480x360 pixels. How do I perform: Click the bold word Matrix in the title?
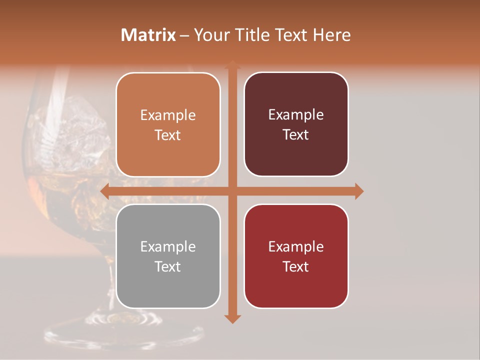point(148,35)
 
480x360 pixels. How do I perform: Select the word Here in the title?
point(331,35)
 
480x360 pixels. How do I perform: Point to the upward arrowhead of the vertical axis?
point(232,65)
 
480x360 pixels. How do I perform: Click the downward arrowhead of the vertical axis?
point(232,318)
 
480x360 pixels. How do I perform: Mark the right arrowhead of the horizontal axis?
point(358,191)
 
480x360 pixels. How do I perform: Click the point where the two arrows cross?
point(232,191)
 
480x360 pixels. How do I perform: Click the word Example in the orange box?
point(168,115)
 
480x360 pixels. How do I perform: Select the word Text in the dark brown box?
point(296,135)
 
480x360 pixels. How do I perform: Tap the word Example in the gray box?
point(168,247)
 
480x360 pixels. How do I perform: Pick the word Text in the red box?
point(296,266)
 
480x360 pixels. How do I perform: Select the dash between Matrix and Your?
point(184,35)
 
